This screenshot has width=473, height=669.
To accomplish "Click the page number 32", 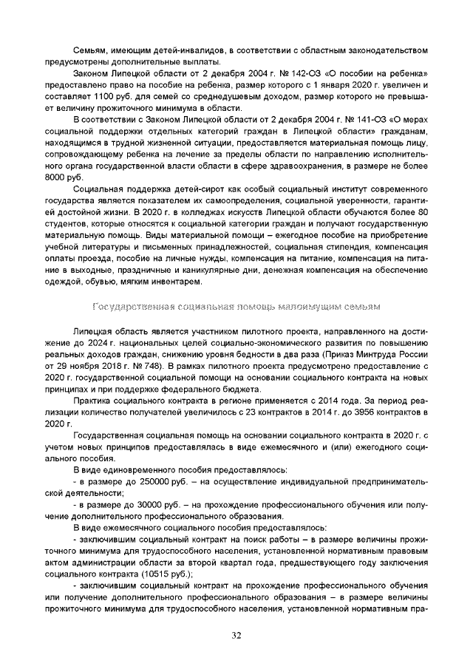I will coord(236,634).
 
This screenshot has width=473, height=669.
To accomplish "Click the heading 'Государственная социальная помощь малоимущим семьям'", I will coord(236,305).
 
